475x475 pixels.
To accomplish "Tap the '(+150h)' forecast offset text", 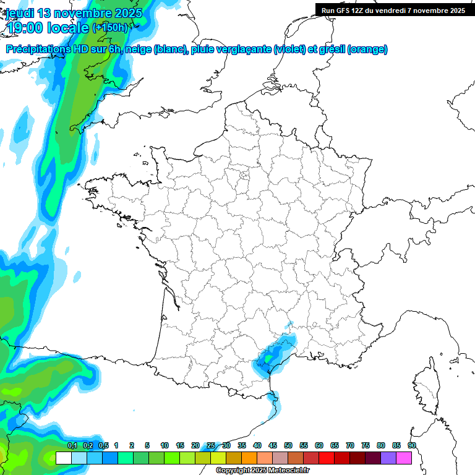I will coord(109,27).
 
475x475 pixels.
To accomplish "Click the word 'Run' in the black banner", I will coord(328,10).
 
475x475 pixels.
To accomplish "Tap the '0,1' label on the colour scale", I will coord(72,446).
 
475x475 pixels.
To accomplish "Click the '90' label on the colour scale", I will coord(411,446).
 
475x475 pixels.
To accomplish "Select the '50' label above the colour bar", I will coord(288,446).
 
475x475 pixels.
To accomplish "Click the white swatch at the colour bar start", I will coord(63,458).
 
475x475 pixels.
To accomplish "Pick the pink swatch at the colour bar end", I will coord(404,458).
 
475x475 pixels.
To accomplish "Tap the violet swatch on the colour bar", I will coord(388,458).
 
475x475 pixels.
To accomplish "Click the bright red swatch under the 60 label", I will coord(326,458).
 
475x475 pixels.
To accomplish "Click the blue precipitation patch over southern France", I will coord(272,355).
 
